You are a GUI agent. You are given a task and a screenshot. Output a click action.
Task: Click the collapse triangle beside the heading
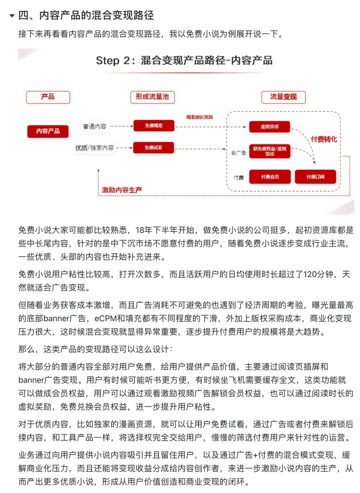coord(12,16)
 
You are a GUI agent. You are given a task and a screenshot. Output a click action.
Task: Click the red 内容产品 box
coord(48,131)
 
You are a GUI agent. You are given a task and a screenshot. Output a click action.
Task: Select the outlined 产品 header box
coord(48,97)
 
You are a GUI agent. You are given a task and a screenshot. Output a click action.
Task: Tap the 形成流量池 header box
coord(152,97)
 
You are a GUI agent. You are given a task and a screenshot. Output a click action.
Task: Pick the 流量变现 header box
coord(283,97)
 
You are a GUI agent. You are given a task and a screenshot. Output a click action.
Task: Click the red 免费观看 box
coord(154,126)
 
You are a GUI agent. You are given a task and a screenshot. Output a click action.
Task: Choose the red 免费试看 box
coord(153,148)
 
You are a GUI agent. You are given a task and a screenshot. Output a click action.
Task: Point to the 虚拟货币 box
coord(270,127)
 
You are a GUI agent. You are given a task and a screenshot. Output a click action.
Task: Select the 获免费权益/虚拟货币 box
coord(270,151)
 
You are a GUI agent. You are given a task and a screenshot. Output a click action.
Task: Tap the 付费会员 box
coord(270,177)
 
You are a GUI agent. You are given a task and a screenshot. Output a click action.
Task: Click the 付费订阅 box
coord(315,177)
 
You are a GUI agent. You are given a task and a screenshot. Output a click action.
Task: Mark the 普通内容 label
coord(95,127)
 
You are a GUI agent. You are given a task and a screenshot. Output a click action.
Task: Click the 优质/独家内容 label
coord(95,148)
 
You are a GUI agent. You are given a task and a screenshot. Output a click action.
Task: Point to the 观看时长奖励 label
coord(199,117)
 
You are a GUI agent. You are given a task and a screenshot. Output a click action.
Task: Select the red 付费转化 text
coord(324,139)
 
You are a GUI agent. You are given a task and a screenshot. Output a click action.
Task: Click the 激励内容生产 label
coord(122,190)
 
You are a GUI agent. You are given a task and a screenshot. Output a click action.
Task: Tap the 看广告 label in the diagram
coord(238,153)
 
